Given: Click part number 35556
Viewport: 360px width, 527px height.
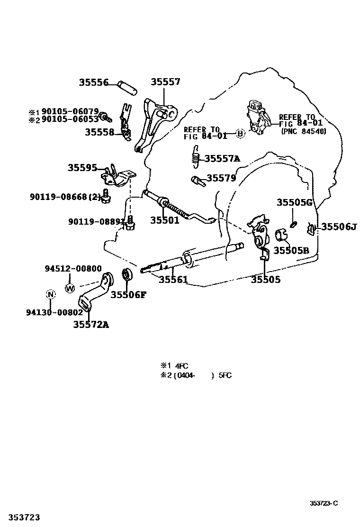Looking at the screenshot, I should click(x=93, y=83).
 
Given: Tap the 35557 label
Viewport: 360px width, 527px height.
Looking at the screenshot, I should click(x=165, y=82).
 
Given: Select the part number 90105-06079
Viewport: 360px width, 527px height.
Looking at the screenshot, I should click(x=70, y=112).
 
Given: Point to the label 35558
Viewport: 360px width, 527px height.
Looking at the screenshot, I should click(x=99, y=132).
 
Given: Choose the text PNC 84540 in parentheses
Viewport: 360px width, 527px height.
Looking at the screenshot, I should click(x=304, y=131).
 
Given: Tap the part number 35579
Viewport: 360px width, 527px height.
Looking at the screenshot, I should click(x=221, y=178).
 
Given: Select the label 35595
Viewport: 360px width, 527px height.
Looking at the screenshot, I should click(x=82, y=168).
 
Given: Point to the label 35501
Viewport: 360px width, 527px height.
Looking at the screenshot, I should click(x=165, y=220).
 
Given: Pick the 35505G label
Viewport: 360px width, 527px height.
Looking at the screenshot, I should click(x=295, y=203).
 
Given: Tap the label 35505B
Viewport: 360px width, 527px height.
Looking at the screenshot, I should click(x=291, y=250).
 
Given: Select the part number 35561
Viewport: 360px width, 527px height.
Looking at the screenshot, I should click(x=173, y=280).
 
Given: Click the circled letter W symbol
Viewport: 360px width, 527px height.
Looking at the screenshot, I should click(x=70, y=287).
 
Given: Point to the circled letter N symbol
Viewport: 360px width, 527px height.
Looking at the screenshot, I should click(x=50, y=295).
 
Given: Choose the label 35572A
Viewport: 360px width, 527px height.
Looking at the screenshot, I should click(x=91, y=325).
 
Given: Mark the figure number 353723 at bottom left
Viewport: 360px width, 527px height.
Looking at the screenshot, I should click(x=20, y=517).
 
